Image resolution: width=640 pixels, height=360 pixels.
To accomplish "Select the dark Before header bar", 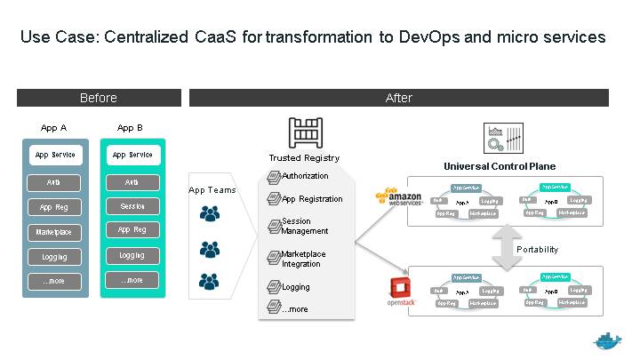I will point(99,98).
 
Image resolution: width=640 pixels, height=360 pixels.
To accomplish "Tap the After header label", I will point(399,98).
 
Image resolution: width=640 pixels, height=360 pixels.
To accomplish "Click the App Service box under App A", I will point(55,155).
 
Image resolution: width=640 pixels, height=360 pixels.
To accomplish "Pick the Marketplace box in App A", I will point(55,232).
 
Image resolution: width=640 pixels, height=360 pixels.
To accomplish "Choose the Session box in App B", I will point(132,206).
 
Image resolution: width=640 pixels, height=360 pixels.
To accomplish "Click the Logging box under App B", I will point(132,256).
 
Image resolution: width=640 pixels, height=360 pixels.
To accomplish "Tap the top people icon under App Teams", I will point(210,213).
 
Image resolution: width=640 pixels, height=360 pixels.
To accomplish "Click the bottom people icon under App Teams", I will point(210,279).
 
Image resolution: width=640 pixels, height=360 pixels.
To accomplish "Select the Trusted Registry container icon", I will point(304,134).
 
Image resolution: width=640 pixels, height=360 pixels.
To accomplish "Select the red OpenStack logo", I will point(399,290).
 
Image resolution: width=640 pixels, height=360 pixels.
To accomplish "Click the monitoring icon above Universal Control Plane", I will point(496,138).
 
